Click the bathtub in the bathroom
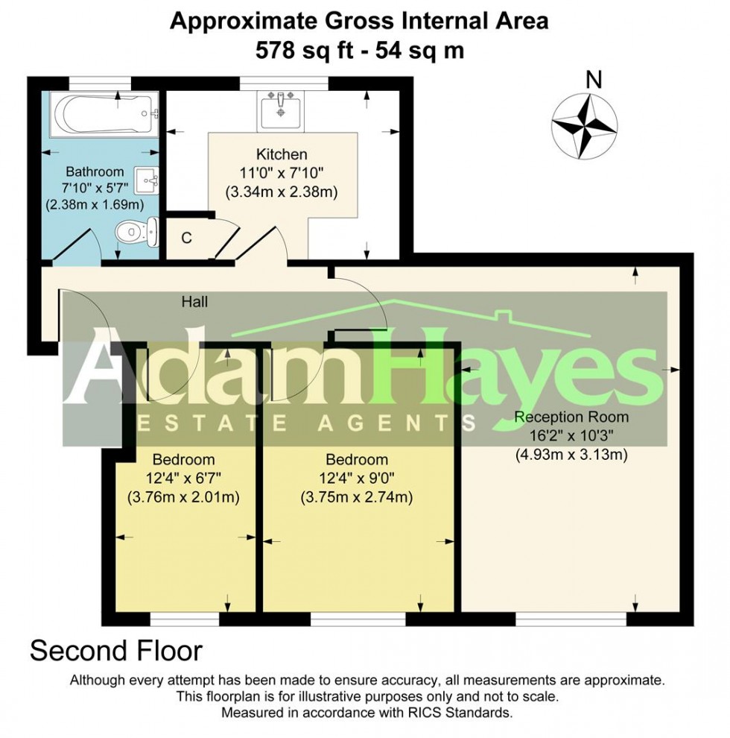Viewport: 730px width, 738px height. (x=104, y=114)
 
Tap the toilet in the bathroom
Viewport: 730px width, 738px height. (x=137, y=232)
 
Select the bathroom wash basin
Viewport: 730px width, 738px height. (x=146, y=180)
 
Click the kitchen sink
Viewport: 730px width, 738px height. (x=281, y=110)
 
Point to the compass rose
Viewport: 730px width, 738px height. (x=584, y=126)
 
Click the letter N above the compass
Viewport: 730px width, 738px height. (x=594, y=80)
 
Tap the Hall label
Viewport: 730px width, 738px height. (x=194, y=302)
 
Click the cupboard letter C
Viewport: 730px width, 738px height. (x=186, y=238)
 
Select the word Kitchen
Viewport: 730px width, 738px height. (x=282, y=154)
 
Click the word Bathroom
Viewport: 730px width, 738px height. (x=95, y=171)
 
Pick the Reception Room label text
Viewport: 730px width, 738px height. (x=571, y=417)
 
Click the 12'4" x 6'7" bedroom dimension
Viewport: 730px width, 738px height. (x=183, y=479)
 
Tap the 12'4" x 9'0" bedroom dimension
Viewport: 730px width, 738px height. (x=357, y=479)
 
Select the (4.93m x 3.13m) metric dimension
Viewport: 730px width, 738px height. (x=571, y=455)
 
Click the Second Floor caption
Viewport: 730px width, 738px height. (x=116, y=651)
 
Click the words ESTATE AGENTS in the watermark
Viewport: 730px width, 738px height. (x=305, y=423)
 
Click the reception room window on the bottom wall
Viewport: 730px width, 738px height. (x=571, y=619)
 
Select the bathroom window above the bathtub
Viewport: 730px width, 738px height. (x=100, y=83)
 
